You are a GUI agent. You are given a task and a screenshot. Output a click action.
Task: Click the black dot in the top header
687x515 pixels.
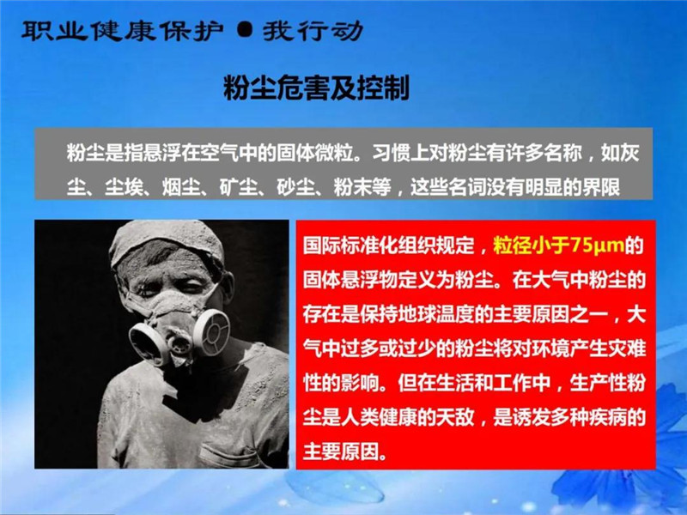[245, 31]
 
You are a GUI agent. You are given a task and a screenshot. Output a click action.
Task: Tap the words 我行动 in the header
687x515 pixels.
[313, 31]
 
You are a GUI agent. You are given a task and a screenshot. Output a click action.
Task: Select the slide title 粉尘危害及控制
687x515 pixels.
[316, 88]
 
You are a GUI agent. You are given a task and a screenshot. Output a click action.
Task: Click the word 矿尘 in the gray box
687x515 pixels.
[238, 187]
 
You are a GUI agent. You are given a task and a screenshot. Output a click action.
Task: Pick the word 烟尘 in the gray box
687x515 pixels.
[180, 187]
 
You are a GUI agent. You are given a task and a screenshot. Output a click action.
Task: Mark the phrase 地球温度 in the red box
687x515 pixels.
[417, 314]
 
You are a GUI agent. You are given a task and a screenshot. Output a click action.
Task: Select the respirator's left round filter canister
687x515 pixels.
[149, 343]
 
